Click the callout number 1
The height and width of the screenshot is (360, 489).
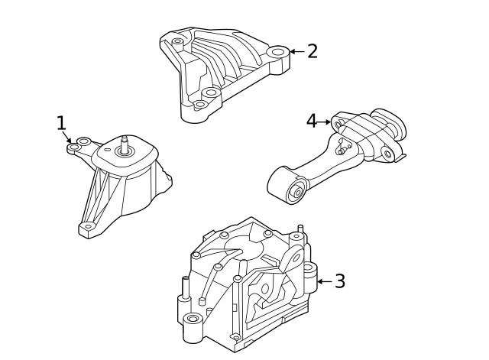coord(61,122)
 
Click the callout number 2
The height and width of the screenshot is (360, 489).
coord(312,51)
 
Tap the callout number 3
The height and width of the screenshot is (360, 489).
coord(340,281)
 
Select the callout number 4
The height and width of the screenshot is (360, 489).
coord(311,121)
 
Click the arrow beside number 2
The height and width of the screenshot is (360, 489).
coord(296,52)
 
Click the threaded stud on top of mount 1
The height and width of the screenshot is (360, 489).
coord(123,144)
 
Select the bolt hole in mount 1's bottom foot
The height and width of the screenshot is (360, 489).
coord(89,225)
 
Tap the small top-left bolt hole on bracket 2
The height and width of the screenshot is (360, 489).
coord(177,41)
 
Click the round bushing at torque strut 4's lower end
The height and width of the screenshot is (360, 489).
coord(296,191)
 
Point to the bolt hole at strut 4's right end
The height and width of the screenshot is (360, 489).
coord(387,154)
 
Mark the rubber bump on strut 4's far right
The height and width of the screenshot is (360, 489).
coord(395,122)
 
